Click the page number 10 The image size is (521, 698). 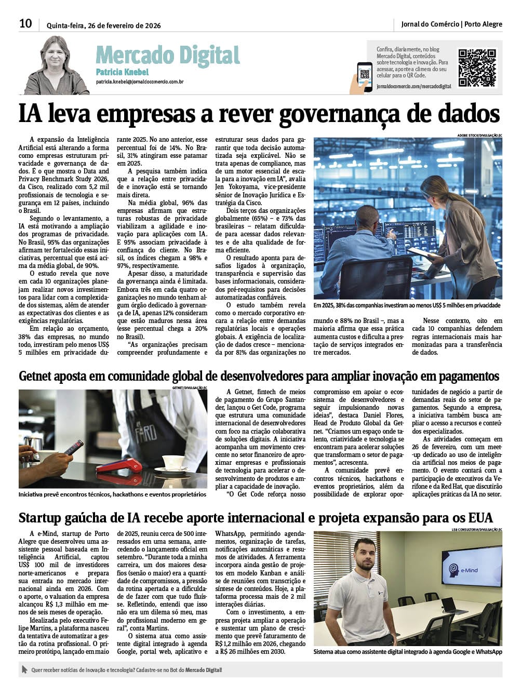(x=25, y=23)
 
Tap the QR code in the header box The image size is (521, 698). (x=476, y=68)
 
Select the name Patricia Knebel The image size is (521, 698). (x=122, y=72)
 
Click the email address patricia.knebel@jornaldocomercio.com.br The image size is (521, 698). (x=139, y=82)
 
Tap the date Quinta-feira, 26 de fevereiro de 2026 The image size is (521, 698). (x=103, y=25)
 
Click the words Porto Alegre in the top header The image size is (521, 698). (x=483, y=24)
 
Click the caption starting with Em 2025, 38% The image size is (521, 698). (x=407, y=305)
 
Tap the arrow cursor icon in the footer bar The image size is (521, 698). (x=24, y=670)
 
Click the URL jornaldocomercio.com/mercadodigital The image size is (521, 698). (x=413, y=86)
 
